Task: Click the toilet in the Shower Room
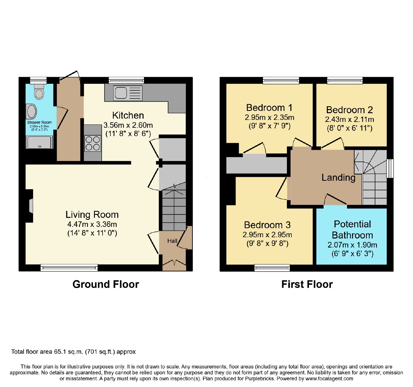tap(39, 92)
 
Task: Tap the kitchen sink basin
tap(121, 93)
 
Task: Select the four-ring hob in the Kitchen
tap(93, 143)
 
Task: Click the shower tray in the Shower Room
tap(39, 142)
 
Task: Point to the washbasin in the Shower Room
tap(31, 112)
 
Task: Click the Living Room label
tap(92, 215)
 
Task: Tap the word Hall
tap(172, 241)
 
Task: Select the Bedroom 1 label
tap(269, 108)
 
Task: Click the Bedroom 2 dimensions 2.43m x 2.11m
tap(350, 119)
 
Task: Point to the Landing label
tap(338, 178)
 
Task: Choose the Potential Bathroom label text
tap(352, 229)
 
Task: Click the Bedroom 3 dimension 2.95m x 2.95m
tap(267, 235)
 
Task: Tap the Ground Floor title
tap(106, 284)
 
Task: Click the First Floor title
tap(307, 284)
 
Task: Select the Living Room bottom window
tap(69, 268)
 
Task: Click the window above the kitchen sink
tap(126, 80)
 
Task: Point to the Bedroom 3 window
tap(272, 268)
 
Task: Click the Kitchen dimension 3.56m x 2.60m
tap(128, 125)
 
